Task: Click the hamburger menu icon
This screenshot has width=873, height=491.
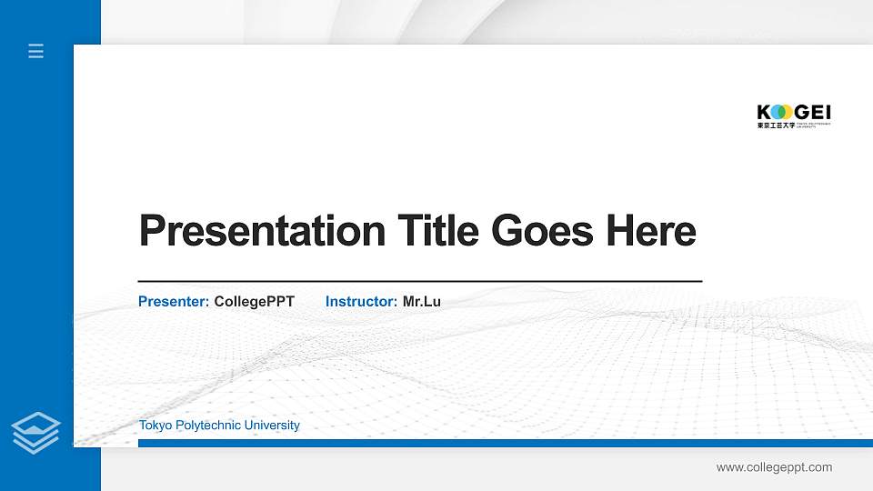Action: point(36,51)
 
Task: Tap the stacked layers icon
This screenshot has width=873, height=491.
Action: point(36,432)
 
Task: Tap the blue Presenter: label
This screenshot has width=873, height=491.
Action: point(174,301)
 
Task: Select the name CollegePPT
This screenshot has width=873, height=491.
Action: point(255,301)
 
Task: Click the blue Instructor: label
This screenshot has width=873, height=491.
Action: point(361,301)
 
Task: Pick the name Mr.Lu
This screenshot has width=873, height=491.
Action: point(422,301)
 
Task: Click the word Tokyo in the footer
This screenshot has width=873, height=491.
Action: point(155,426)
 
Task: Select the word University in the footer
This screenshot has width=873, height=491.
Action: point(271,426)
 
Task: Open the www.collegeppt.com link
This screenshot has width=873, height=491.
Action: point(774,467)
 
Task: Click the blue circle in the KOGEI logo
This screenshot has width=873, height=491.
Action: point(776,112)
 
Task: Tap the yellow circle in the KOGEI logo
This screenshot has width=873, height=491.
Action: point(787,112)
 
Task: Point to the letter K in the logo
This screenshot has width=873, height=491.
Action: point(763,112)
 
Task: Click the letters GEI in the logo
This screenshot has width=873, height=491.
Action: point(814,112)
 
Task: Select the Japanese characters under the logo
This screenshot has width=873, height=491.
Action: point(776,125)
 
